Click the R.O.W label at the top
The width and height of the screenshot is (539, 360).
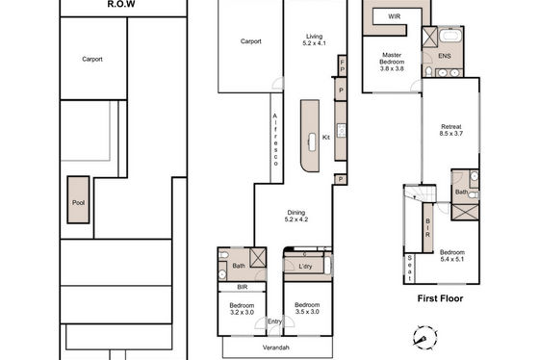121,4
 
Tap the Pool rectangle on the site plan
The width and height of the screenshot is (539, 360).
78,200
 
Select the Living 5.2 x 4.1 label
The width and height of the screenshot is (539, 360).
314,39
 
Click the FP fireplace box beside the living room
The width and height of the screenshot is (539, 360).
342,66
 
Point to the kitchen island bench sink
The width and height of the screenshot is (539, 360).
312,142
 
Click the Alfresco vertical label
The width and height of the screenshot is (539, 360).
275,140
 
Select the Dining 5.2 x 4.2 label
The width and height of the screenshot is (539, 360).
296,216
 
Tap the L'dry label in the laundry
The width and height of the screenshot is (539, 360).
305,266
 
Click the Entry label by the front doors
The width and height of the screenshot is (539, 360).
274,321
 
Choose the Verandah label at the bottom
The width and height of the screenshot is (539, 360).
275,347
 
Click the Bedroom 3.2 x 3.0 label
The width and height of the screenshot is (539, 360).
242,309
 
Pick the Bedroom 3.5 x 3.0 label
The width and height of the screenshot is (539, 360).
307,308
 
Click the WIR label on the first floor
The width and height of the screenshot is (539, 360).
394,16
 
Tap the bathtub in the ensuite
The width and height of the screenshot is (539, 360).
450,36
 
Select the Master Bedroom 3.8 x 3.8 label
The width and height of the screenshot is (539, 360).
392,62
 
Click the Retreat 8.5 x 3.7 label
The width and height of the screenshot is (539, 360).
451,130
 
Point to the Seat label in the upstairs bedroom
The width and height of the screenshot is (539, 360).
409,268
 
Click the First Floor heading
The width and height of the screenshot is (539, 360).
440,298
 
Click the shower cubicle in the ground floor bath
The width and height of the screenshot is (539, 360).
258,258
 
